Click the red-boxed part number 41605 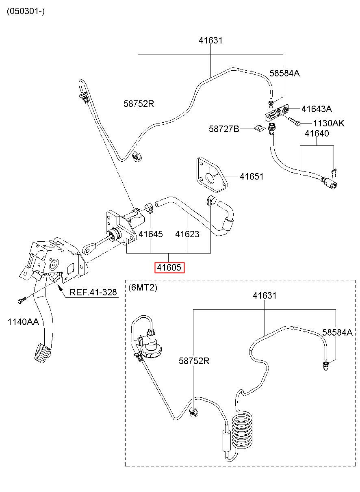[x=169, y=267]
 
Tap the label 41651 [x=252, y=176]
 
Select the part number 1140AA [x=23, y=322]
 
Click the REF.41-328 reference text [x=93, y=293]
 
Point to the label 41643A [x=317, y=109]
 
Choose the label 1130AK [x=329, y=123]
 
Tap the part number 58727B [x=224, y=129]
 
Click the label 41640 [x=317, y=133]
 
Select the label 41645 [x=151, y=234]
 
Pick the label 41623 [x=187, y=234]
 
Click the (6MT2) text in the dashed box [x=143, y=287]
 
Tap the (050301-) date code [x=26, y=11]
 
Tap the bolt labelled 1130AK [x=294, y=121]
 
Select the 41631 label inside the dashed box [x=265, y=295]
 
